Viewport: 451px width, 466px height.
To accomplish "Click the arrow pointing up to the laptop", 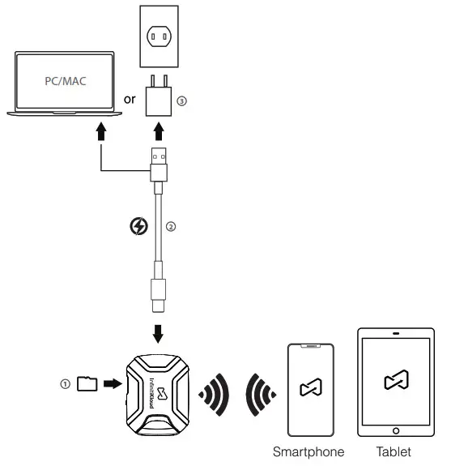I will click(100, 132).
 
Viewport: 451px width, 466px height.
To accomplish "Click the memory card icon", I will click(86, 384).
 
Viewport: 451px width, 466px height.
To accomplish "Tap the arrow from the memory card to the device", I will click(109, 384).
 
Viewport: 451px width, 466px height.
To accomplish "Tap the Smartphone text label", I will click(308, 451).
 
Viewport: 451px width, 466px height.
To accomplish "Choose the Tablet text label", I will click(395, 451).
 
